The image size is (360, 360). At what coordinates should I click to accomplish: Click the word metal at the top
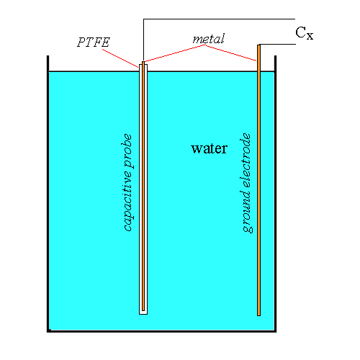click(x=209, y=37)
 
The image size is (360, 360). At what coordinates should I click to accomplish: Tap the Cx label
click(x=305, y=33)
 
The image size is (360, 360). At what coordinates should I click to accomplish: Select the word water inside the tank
click(x=209, y=149)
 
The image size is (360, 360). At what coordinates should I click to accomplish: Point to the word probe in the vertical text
click(x=128, y=150)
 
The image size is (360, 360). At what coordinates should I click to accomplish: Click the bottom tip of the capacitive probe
click(x=143, y=312)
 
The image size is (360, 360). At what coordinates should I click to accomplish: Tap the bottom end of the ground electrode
click(x=258, y=313)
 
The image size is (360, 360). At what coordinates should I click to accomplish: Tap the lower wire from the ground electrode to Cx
click(x=277, y=45)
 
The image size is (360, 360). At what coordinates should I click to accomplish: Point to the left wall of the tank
click(x=48, y=194)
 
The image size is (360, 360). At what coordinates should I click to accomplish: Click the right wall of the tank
click(x=277, y=194)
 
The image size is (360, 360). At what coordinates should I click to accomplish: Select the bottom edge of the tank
click(x=163, y=331)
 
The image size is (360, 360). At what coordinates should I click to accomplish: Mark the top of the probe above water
click(x=143, y=66)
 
